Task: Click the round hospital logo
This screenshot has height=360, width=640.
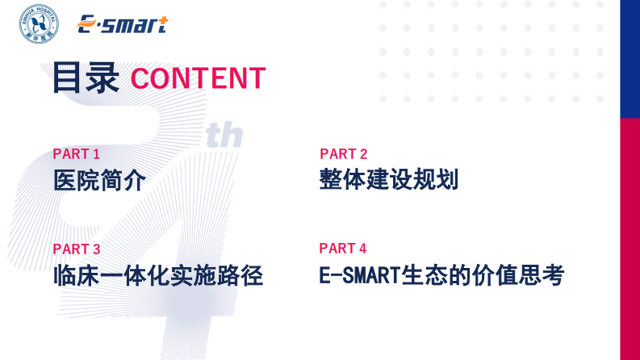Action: click(39, 25)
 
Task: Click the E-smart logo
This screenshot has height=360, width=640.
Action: click(122, 25)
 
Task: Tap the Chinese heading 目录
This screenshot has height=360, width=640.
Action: click(85, 78)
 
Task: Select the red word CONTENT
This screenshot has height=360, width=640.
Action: click(198, 78)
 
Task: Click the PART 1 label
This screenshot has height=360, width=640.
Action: click(77, 154)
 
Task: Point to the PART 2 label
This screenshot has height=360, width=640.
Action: click(343, 154)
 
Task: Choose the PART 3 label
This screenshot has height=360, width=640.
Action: click(77, 249)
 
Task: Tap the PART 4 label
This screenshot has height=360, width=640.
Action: click(343, 249)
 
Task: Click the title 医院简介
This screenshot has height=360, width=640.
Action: click(99, 181)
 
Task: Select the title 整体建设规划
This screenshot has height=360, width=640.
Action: click(388, 180)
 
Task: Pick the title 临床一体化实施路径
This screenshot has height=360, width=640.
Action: click(158, 275)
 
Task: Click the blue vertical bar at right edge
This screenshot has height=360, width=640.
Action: click(630, 58)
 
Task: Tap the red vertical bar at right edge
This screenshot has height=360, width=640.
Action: click(630, 238)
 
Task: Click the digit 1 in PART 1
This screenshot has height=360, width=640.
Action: click(97, 154)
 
